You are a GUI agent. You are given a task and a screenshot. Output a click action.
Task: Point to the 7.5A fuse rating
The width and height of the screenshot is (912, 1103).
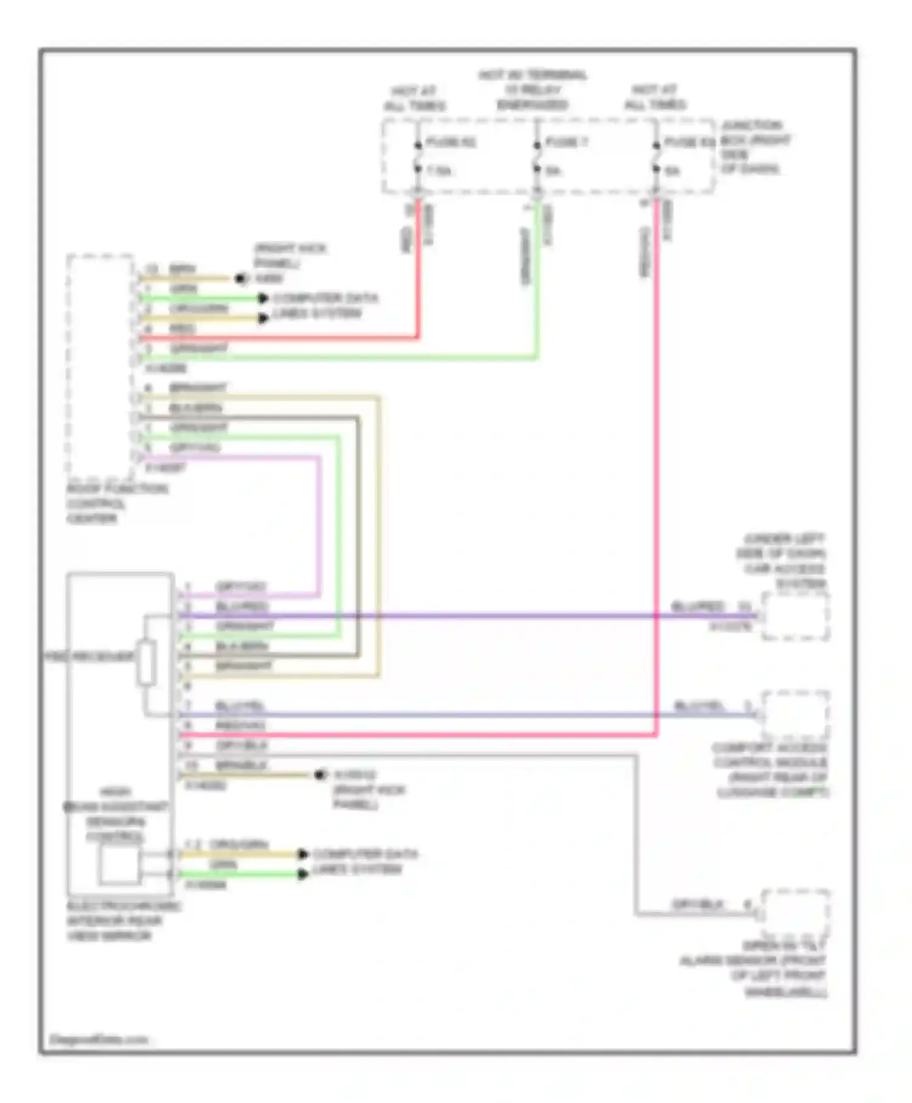438,171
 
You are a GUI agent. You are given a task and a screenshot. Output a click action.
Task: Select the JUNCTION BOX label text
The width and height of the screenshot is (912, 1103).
755,147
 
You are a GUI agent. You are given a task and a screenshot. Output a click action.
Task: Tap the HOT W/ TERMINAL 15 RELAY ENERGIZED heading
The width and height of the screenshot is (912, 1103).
533,90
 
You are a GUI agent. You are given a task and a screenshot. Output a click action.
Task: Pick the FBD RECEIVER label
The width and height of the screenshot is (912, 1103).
90,657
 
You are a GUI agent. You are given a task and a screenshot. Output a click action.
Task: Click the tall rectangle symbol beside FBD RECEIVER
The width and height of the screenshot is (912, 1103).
146,662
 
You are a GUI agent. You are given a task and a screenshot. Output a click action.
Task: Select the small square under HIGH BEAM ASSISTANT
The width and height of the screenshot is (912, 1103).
119,865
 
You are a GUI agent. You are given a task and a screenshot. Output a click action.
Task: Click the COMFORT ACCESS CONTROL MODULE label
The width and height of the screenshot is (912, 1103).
771,770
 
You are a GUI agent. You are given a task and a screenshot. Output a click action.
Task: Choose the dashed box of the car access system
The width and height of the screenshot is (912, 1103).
795,617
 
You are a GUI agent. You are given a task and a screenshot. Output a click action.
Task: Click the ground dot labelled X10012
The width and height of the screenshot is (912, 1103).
319,775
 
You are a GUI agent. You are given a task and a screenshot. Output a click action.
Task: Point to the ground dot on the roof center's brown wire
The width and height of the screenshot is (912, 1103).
241,279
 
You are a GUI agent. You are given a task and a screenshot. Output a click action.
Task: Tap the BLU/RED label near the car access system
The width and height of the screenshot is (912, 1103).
697,607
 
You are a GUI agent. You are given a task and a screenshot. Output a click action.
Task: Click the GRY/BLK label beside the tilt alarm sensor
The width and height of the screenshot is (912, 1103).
697,904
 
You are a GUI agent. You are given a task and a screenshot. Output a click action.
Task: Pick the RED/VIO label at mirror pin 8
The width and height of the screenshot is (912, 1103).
240,726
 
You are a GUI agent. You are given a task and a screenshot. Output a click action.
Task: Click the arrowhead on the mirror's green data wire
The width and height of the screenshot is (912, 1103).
302,874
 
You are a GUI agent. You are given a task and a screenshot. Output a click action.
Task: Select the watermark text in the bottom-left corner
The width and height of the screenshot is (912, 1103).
98,1040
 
